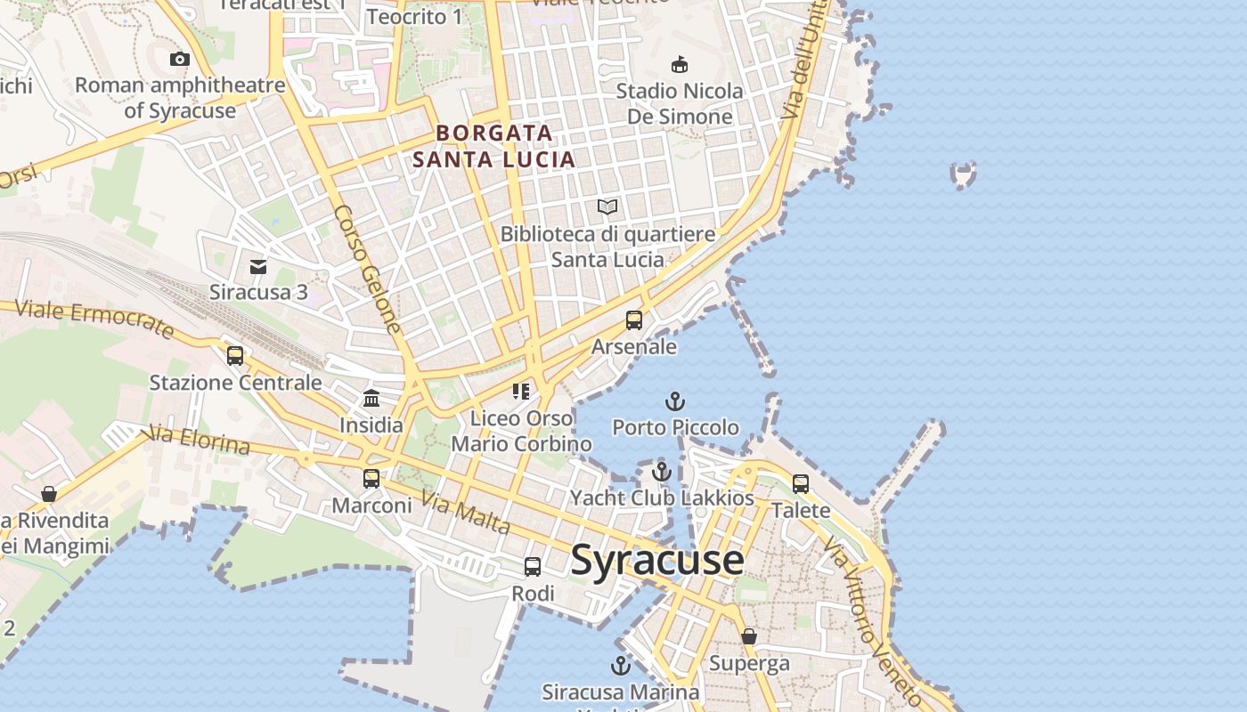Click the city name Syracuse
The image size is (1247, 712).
[x=657, y=560]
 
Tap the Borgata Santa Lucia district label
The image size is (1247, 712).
[x=494, y=147]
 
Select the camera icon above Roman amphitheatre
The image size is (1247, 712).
[x=180, y=60]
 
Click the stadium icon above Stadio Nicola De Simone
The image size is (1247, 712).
[x=680, y=64]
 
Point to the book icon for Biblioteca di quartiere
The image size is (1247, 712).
[x=607, y=207]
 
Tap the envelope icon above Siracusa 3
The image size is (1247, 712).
[x=258, y=266]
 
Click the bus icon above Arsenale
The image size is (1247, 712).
[x=634, y=320]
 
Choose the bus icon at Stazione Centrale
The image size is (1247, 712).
[x=235, y=356]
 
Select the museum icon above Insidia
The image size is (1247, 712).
[x=371, y=398]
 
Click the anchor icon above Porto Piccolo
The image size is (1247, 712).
[x=675, y=401]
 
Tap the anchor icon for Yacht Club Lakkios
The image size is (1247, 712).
[x=662, y=472]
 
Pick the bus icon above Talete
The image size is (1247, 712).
[x=801, y=484]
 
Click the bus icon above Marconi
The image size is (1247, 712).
[x=371, y=479]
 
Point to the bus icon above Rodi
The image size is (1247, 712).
[x=533, y=566]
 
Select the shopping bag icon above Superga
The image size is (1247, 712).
[x=749, y=636]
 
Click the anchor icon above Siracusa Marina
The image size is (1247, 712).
[x=620, y=666]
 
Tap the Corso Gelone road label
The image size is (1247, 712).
[x=368, y=270]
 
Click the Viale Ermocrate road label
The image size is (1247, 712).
[x=94, y=319]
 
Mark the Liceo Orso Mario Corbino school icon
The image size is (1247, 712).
[x=521, y=392]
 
